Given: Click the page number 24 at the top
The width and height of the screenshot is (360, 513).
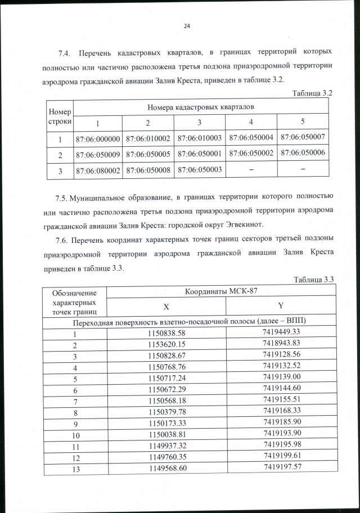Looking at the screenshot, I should point(187,26).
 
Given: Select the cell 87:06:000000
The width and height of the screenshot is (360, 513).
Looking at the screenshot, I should point(97,137).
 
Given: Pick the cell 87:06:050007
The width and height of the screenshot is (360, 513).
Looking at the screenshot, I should point(303,137).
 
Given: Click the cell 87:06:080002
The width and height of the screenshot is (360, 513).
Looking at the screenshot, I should point(97,169).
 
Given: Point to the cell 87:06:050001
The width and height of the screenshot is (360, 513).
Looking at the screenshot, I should point(200,153).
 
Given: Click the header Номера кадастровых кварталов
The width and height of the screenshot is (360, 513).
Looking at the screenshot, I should point(200,106).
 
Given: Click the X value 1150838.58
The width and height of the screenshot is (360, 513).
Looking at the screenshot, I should point(166,333).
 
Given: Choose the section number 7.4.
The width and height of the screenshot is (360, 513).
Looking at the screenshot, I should point(65,53).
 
